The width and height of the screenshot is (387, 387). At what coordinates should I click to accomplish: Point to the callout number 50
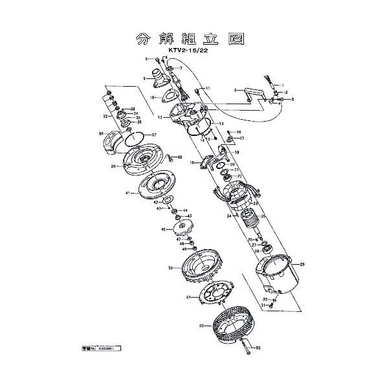click(170, 267)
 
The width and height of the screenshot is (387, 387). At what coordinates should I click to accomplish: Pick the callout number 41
click(129, 193)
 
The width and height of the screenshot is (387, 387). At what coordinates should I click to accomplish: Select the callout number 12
click(159, 117)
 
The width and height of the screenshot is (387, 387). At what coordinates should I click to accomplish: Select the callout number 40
click(180, 157)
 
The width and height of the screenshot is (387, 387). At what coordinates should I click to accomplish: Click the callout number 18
click(237, 152)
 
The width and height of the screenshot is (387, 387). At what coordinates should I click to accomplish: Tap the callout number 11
click(208, 87)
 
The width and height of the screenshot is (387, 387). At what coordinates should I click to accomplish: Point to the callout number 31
click(264, 305)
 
